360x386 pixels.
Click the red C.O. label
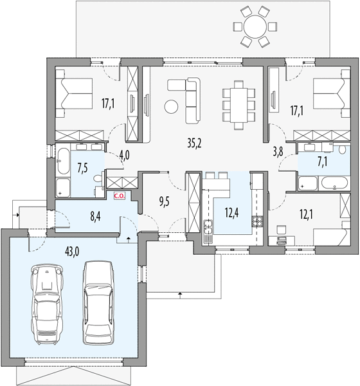point(120,196)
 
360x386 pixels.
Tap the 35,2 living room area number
point(194,143)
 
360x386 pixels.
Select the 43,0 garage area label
point(72,252)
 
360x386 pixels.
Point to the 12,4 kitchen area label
point(232,213)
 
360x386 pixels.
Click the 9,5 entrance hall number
point(165,201)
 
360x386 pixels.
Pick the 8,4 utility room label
point(95,217)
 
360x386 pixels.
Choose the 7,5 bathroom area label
point(83,169)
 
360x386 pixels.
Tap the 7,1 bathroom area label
point(321,163)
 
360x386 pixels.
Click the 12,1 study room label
point(307,215)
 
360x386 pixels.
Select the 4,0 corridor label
point(125,156)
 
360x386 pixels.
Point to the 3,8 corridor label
point(278,152)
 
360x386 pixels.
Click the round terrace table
point(255,26)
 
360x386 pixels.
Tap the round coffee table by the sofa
point(171,107)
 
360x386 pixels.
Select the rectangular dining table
point(239,105)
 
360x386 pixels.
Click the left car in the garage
point(47,304)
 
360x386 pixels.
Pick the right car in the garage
point(98,303)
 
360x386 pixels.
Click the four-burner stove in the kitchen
point(256,221)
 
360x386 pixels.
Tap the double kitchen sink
point(208,227)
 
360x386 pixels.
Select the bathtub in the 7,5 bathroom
point(63,161)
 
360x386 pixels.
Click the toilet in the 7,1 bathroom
point(341,149)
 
